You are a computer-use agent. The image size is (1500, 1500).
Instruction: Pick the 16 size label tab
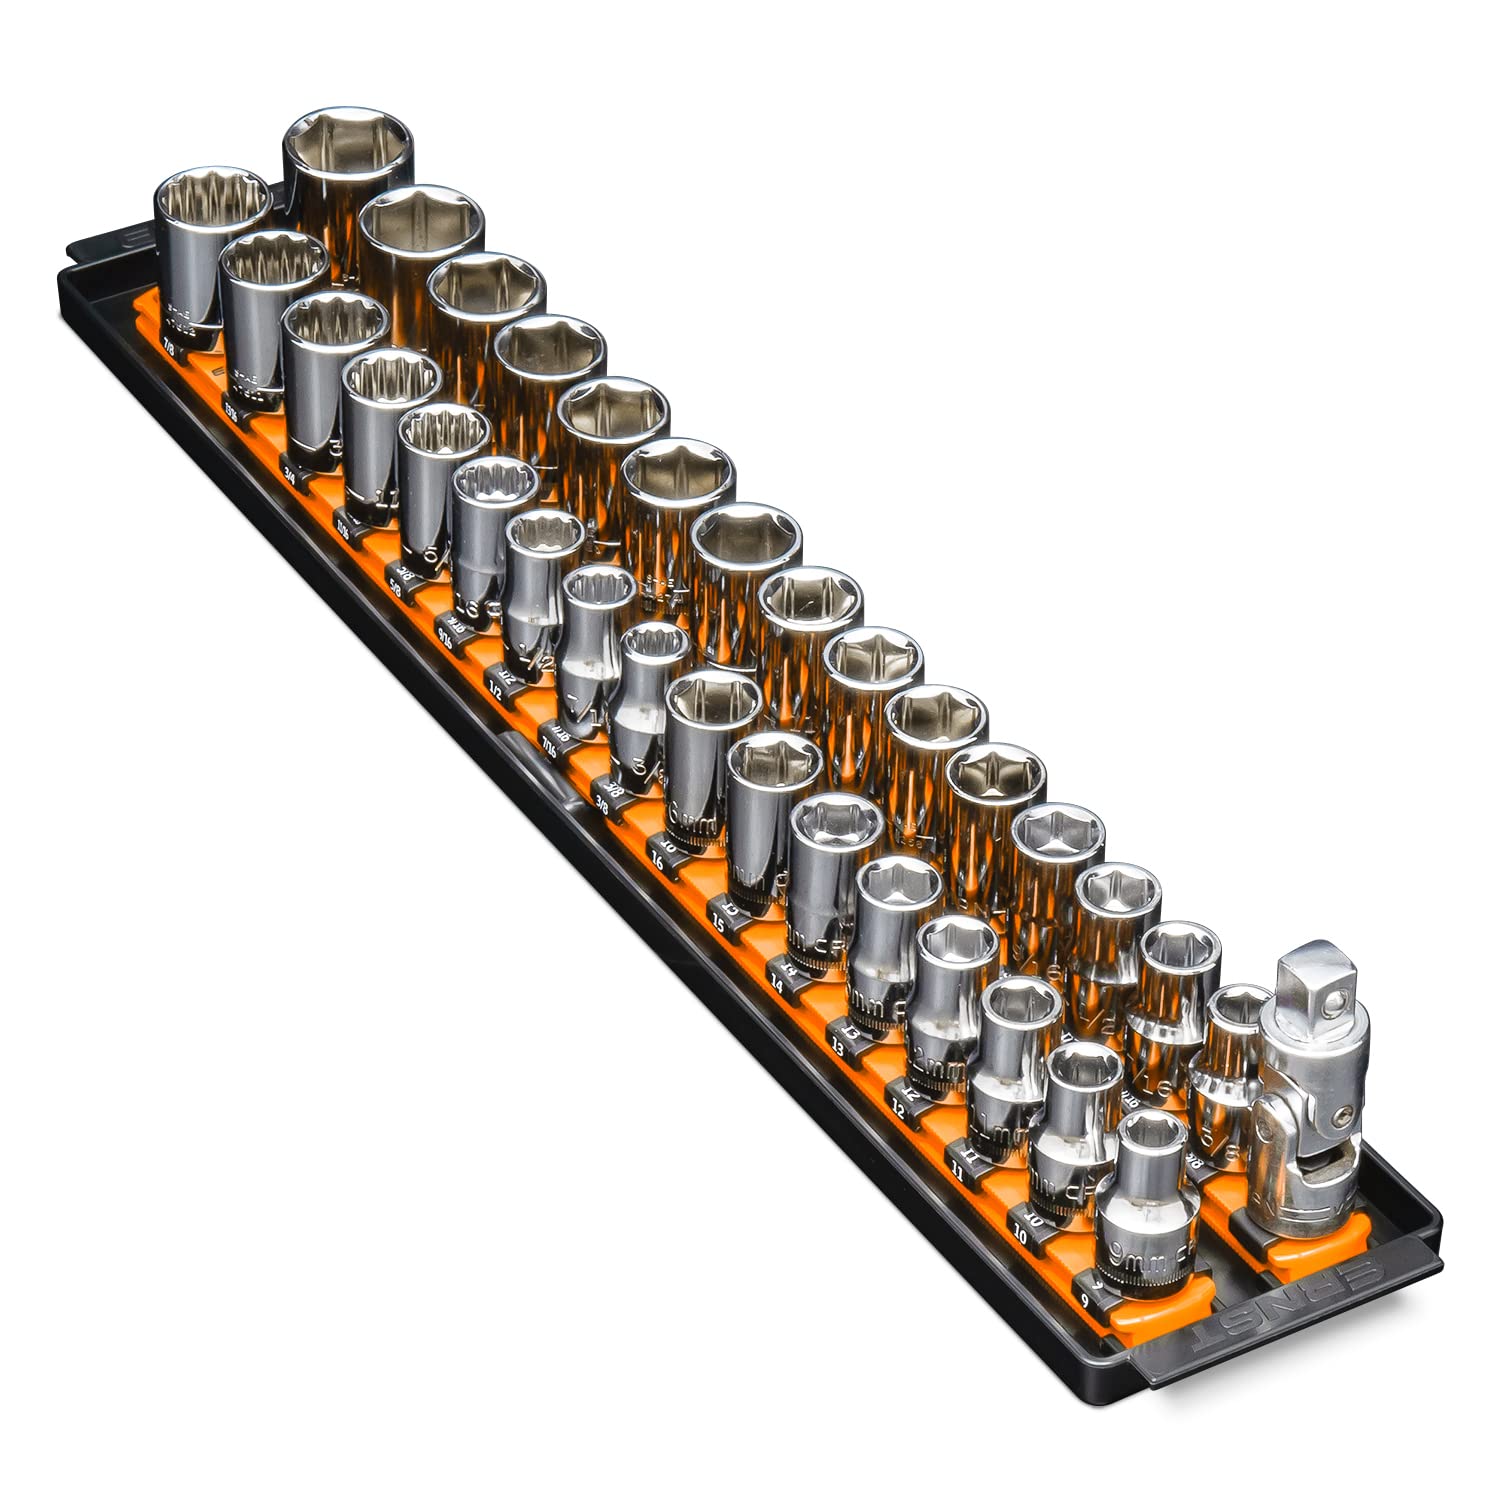tap(657, 861)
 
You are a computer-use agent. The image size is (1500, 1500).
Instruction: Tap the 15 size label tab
tap(718, 921)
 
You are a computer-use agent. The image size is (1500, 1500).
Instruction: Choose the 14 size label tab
tap(779, 984)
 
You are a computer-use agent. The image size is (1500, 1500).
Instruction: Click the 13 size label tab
tap(838, 1046)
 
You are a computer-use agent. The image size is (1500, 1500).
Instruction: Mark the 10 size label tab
tap(1019, 1235)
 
